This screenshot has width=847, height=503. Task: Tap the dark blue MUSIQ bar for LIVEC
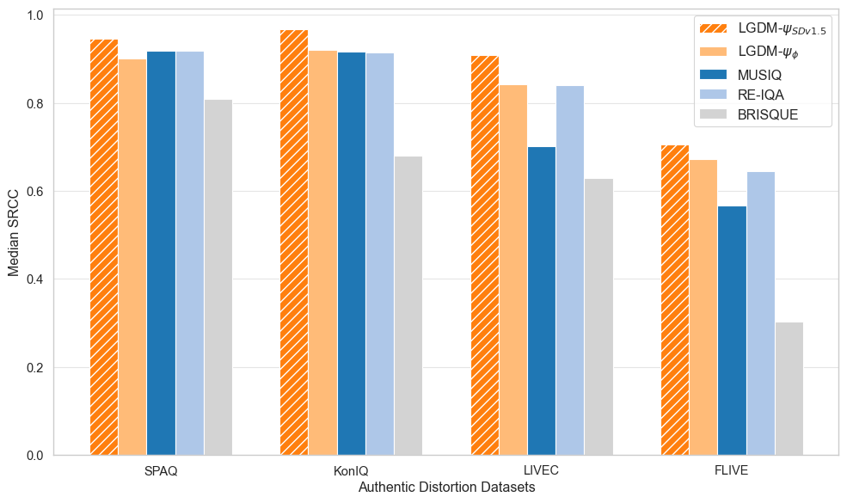click(542, 301)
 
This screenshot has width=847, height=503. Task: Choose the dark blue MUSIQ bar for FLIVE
click(732, 331)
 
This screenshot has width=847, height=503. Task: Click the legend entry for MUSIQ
click(759, 75)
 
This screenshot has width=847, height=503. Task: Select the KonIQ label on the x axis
click(351, 471)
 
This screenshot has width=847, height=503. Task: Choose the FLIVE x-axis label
click(732, 471)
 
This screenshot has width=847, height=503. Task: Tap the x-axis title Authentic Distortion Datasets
click(445, 488)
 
